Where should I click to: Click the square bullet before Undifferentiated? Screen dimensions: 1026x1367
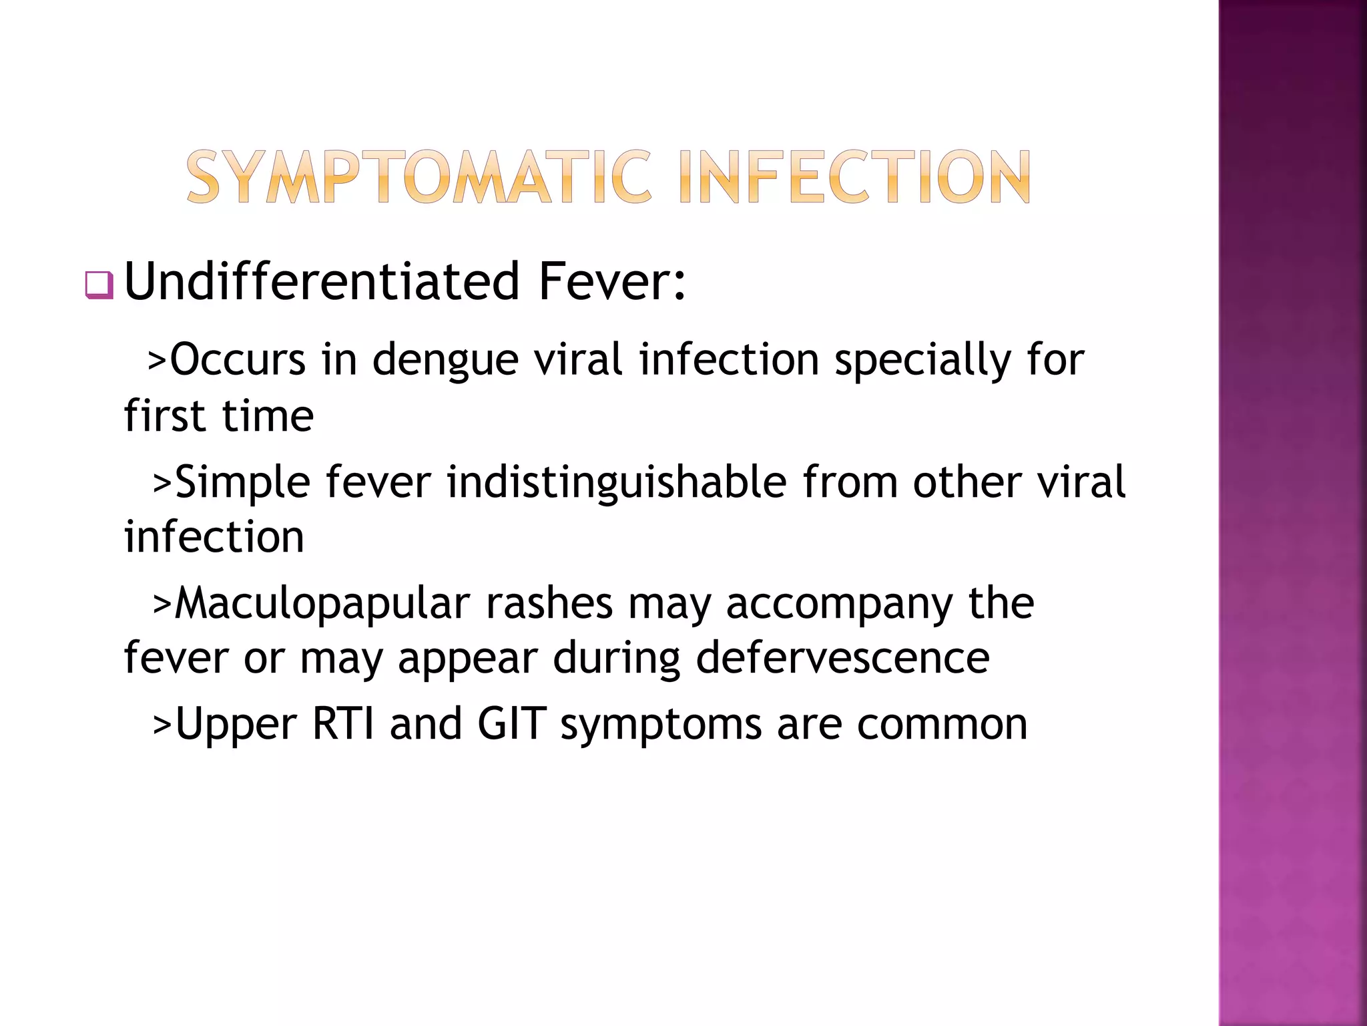click(99, 285)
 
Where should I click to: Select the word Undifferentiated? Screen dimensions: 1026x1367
click(322, 282)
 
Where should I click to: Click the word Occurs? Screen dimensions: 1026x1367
click(238, 360)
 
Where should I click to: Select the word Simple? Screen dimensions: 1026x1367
click(242, 483)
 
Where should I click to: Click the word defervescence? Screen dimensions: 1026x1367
click(842, 658)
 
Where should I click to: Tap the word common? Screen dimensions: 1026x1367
click(942, 725)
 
